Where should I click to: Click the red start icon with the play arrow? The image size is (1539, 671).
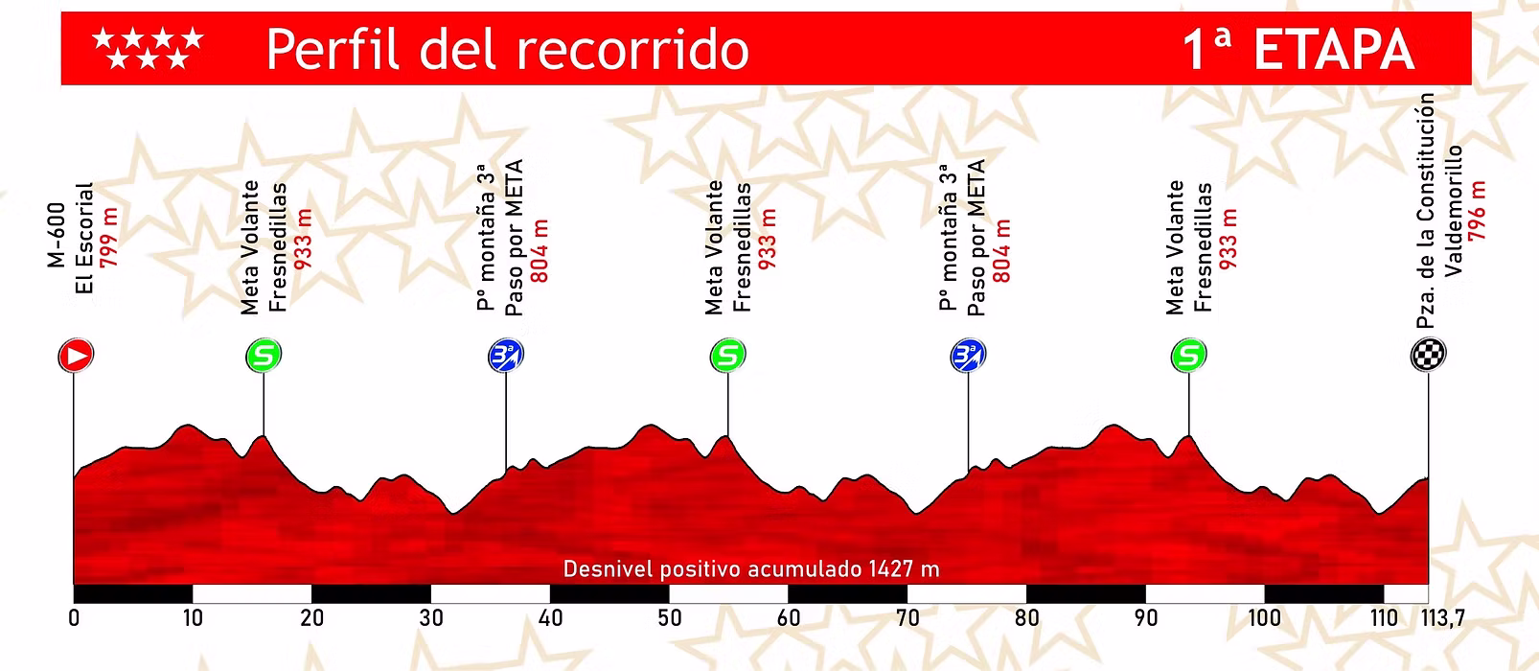[76, 356]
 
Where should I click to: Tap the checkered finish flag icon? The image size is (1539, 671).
[1428, 355]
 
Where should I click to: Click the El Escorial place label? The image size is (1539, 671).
[84, 237]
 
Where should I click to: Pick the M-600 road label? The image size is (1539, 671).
[57, 234]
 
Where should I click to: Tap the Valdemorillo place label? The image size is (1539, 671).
[1454, 211]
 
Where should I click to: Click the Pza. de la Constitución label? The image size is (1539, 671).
[1427, 211]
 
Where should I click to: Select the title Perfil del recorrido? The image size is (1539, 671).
[507, 50]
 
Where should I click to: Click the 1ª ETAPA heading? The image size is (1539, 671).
[1298, 50]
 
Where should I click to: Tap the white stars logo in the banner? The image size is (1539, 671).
[148, 49]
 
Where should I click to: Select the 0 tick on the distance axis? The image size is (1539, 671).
[74, 618]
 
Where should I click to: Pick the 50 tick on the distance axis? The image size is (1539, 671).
[669, 618]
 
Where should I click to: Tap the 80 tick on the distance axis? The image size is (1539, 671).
[1026, 618]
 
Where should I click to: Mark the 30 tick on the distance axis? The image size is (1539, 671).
[431, 618]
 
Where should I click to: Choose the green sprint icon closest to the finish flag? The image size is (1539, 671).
[1188, 356]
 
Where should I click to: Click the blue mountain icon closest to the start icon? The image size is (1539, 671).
[506, 356]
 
